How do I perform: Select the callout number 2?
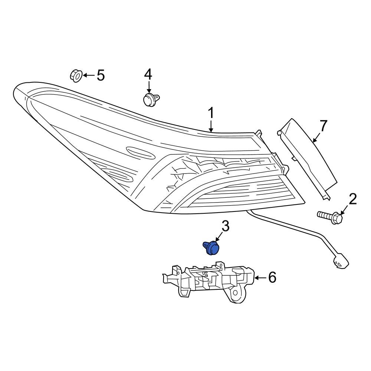352,199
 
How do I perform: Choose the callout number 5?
101,75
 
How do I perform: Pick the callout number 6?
272,277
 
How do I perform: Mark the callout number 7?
324,126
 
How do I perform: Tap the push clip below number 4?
150,100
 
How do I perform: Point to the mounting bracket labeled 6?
208,282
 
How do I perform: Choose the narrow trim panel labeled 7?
308,156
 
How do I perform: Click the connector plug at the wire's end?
340,260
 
